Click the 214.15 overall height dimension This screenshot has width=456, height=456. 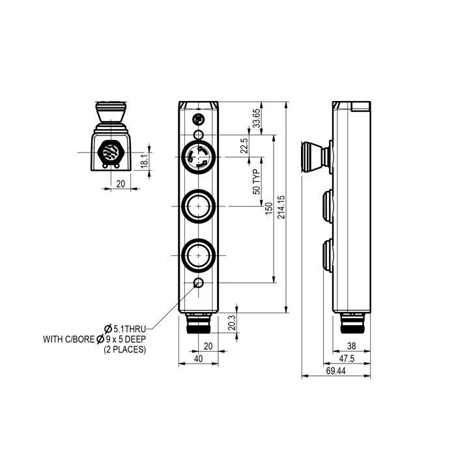pyautogui.click(x=281, y=207)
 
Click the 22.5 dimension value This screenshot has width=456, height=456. pyautogui.click(x=245, y=146)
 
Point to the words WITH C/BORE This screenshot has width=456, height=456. pyautogui.click(x=68, y=339)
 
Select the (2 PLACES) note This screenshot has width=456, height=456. pyautogui.click(x=125, y=350)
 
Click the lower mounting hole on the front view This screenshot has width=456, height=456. pyautogui.click(x=199, y=283)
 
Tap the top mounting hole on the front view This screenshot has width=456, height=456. pyautogui.click(x=199, y=119)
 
